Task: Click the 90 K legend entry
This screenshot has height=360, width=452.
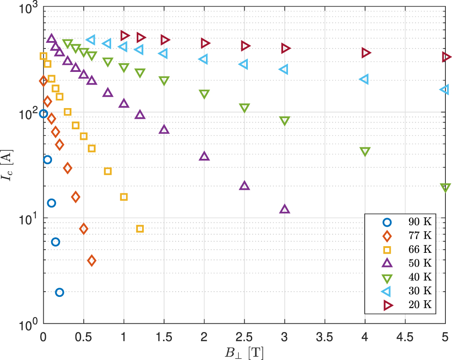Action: coord(415,221)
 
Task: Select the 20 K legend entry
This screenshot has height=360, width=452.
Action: coord(415,305)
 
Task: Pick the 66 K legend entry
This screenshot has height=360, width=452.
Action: coord(415,249)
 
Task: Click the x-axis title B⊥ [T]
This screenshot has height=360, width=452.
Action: coord(244,352)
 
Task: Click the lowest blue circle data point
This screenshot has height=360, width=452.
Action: coord(60,292)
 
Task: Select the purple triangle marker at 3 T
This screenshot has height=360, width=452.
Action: coord(284,209)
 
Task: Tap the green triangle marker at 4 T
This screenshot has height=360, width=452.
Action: coord(365,152)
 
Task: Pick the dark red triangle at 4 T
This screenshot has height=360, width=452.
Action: coord(366,52)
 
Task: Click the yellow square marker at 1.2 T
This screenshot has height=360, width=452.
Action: coord(140,229)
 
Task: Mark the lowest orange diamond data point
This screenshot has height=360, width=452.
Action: coord(91,260)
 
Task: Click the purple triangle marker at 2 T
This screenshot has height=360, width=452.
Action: coord(204,156)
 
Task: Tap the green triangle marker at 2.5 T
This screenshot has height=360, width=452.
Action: coord(244,108)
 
